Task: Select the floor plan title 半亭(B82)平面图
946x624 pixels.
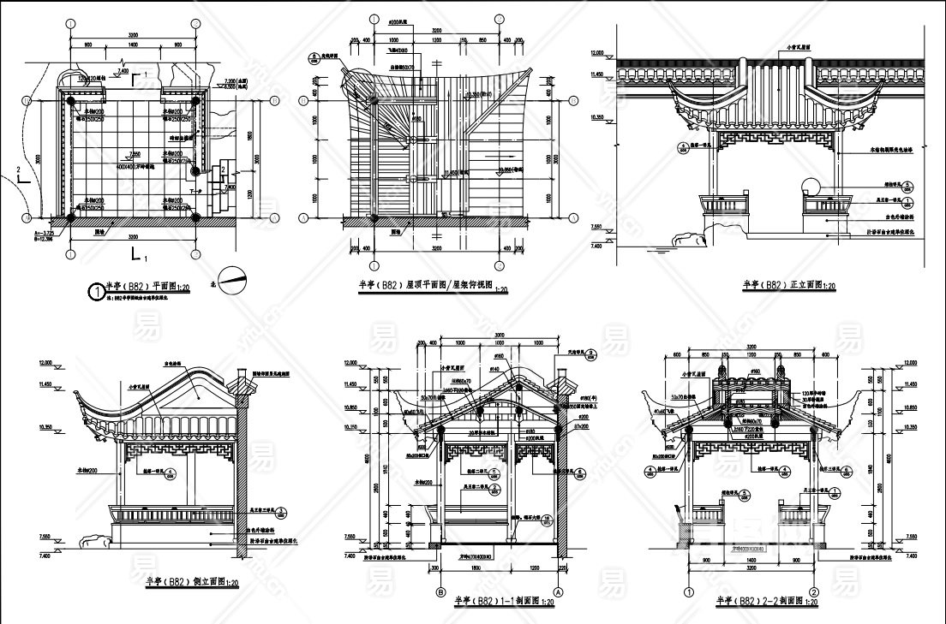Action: coord(141,288)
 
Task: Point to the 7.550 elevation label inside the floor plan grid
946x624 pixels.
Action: coord(134,154)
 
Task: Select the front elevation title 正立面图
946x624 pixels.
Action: coord(788,284)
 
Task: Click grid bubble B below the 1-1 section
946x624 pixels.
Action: coord(442,591)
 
